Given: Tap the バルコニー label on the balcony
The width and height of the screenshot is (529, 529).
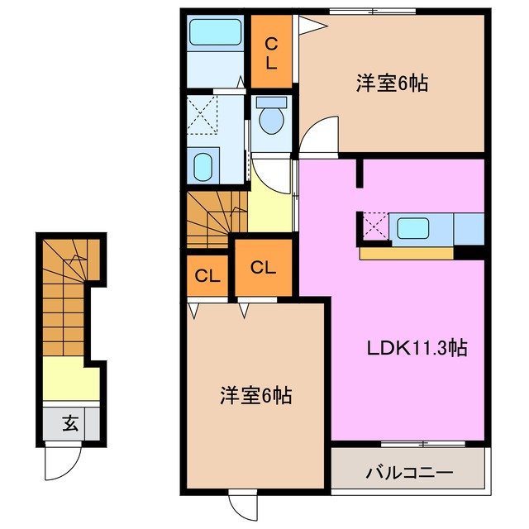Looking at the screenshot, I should [408, 474].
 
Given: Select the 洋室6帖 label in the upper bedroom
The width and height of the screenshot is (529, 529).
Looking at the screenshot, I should [392, 83].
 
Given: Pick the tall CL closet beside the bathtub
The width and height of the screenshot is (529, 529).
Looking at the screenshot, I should [271, 52].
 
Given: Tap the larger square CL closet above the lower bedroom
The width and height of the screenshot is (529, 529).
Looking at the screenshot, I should [263, 267].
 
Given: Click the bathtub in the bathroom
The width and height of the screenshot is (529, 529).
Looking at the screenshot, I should [214, 32].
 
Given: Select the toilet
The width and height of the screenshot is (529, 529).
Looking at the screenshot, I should [270, 117].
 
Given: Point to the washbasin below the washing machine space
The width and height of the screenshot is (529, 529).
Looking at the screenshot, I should [204, 165].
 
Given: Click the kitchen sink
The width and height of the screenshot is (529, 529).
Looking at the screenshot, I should [410, 226].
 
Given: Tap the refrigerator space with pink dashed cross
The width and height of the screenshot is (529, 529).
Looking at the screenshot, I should [374, 226].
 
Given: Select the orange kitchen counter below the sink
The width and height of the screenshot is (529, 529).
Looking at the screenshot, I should [407, 252].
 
